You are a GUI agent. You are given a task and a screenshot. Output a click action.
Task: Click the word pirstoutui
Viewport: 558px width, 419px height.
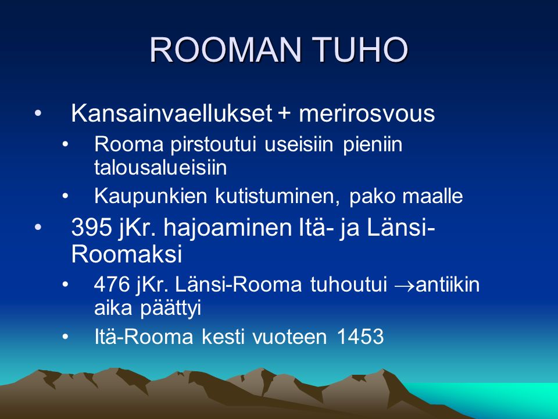point(213,145)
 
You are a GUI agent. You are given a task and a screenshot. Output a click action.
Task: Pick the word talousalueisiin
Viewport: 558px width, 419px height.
point(160,167)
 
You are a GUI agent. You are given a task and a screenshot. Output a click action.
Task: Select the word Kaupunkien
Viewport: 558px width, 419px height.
point(151,196)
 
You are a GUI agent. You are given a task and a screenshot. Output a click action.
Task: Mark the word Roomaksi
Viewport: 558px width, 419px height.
point(127,254)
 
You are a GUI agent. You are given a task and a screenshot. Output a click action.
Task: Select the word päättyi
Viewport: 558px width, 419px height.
point(170,308)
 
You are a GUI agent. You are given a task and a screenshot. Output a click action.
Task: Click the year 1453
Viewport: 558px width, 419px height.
point(360,336)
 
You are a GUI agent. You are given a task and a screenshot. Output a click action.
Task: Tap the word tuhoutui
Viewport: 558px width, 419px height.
point(348,285)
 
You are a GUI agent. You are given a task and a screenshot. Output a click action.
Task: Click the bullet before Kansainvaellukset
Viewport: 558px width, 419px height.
point(38,113)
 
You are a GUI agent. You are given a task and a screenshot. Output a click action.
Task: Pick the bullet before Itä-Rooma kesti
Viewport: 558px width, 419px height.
point(65,337)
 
